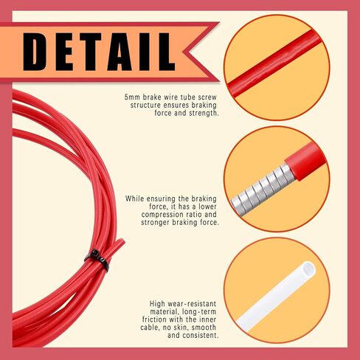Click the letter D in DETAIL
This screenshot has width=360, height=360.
click(x=35, y=52)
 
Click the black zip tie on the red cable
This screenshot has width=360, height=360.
click(x=97, y=260)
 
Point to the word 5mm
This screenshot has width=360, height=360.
click(x=132, y=97)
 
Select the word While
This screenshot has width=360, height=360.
click(x=134, y=198)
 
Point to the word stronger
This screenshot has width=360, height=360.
click(x=156, y=223)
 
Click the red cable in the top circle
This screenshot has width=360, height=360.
click(x=274, y=63)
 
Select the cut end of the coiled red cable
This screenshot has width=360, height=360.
click(x=122, y=241)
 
